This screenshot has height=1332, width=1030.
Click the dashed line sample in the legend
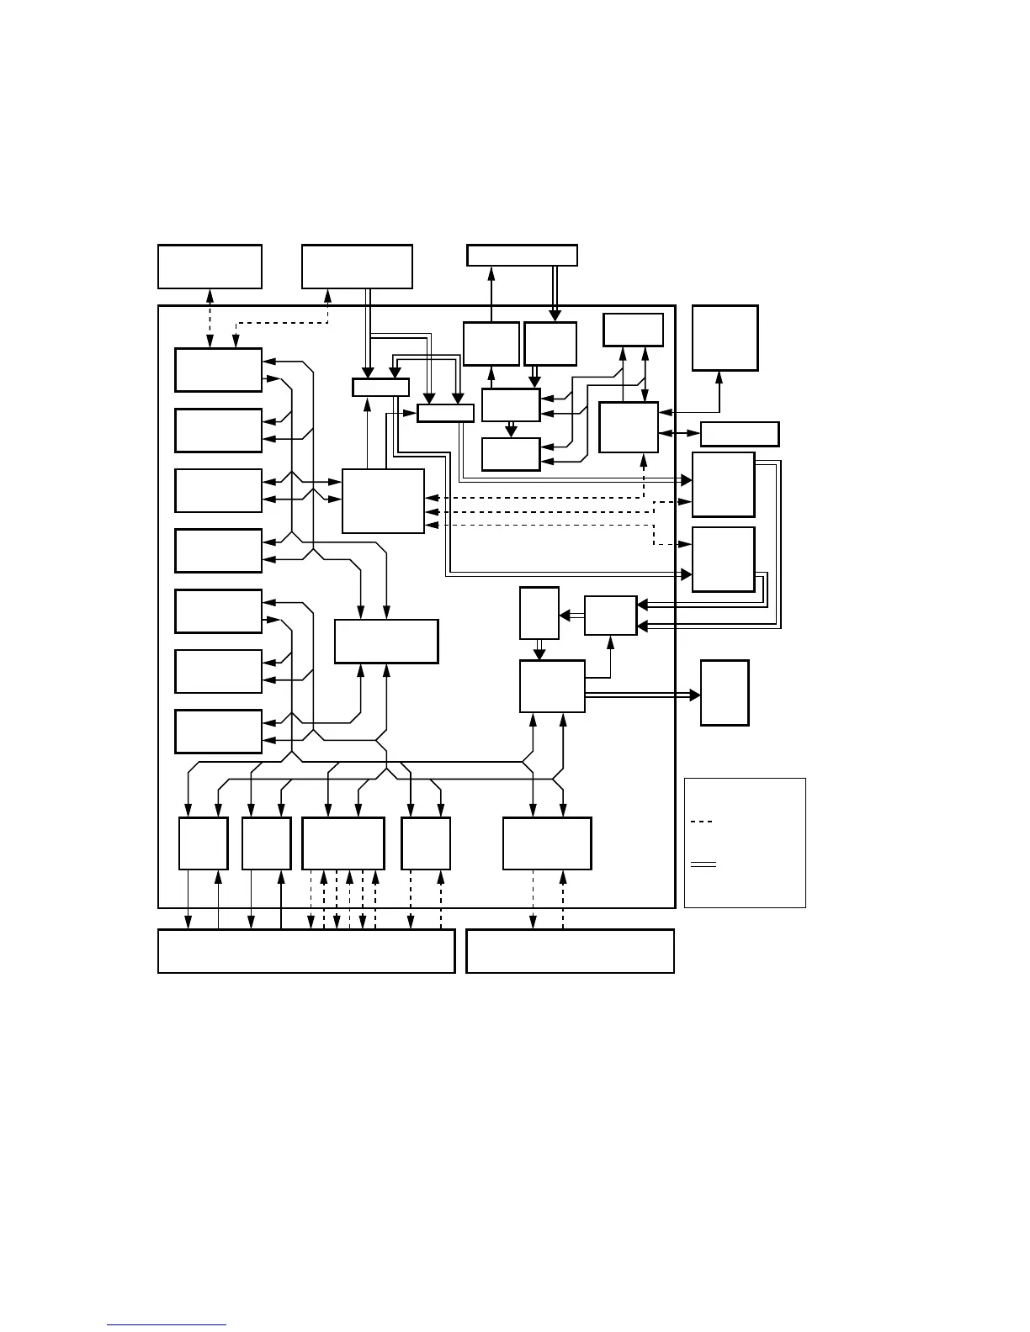[x=701, y=822]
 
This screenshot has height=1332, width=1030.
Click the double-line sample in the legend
[x=703, y=864]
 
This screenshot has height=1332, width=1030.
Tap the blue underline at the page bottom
[x=167, y=1325]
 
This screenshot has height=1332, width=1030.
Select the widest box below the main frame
[x=306, y=951]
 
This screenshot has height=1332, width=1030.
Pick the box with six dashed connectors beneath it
[x=343, y=843]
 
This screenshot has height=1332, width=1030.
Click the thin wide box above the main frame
[x=522, y=255]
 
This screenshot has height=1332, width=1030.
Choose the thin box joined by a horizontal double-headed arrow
[x=740, y=434]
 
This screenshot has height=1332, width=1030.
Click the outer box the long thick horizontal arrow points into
[x=725, y=693]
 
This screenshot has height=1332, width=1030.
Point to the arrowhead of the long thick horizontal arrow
[x=695, y=695]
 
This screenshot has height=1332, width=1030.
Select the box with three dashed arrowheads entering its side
[x=383, y=501]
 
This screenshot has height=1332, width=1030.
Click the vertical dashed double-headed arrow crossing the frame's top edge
[x=210, y=318]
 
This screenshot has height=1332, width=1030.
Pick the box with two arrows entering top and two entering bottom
[x=386, y=642]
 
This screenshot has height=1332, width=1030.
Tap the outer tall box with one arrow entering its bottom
[x=725, y=338]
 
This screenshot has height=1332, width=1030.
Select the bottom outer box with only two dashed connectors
[x=570, y=951]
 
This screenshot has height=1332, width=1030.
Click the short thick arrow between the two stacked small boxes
[x=510, y=430]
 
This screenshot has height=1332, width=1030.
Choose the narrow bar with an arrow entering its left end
[x=445, y=413]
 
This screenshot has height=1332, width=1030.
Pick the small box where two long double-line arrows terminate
[x=610, y=616]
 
